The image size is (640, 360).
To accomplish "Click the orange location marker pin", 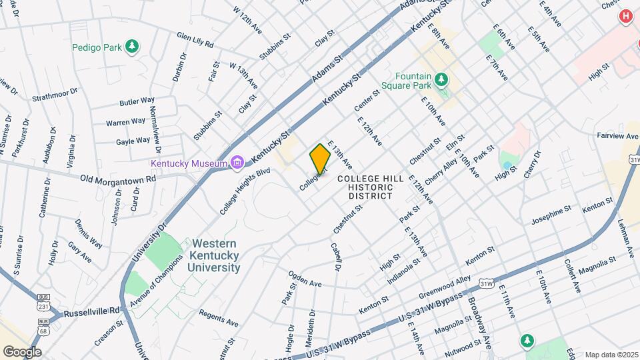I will click(x=320, y=159).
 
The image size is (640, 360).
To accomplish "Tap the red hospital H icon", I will click(x=625, y=16).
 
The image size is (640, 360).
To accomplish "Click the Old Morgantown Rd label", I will click(x=117, y=179).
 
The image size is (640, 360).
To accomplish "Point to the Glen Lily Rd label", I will click(x=195, y=39).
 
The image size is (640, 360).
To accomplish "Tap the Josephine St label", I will click(x=551, y=215).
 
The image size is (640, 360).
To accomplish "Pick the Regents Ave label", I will click(x=218, y=318).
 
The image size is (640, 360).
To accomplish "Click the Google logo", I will click(x=22, y=351).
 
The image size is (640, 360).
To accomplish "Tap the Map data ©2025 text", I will click(x=610, y=354).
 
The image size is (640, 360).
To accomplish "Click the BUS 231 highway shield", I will click(x=44, y=307).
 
